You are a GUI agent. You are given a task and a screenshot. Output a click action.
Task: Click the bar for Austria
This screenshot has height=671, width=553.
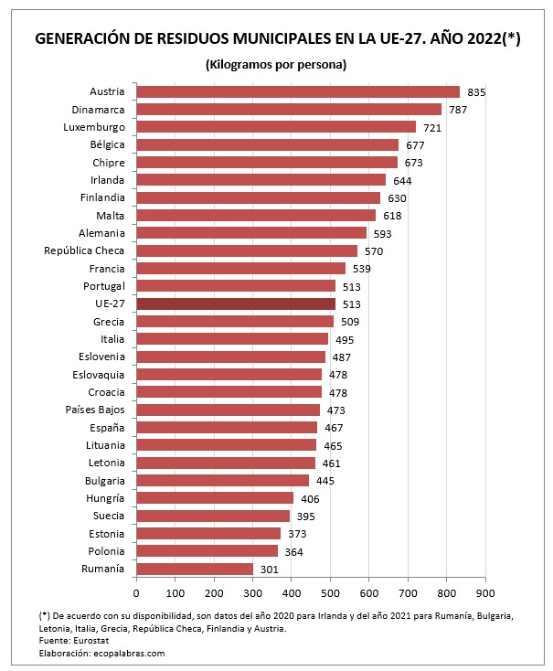pyautogui.click(x=297, y=91)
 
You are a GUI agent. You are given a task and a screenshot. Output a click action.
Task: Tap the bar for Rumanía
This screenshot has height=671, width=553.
pyautogui.click(x=194, y=569)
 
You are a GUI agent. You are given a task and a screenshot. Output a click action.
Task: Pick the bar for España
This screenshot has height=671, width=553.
pyautogui.click(x=226, y=427)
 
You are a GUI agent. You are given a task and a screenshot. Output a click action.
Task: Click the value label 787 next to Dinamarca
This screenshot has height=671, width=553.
pyautogui.click(x=458, y=110)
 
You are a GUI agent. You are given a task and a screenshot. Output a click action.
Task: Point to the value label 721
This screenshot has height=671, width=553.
pyautogui.click(x=432, y=128)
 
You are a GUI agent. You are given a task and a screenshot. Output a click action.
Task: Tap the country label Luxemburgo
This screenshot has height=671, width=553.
pyautogui.click(x=94, y=127)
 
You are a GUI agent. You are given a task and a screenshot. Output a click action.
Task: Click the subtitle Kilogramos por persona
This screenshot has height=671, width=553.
pyautogui.click(x=275, y=64)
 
